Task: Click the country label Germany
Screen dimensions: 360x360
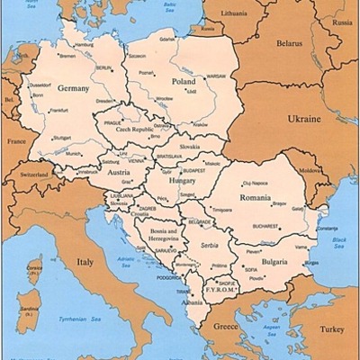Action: click(x=74, y=89)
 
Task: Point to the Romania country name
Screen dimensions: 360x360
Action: click(x=256, y=196)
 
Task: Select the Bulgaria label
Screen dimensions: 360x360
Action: click(x=274, y=261)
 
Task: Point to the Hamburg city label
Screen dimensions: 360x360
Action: click(x=84, y=43)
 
